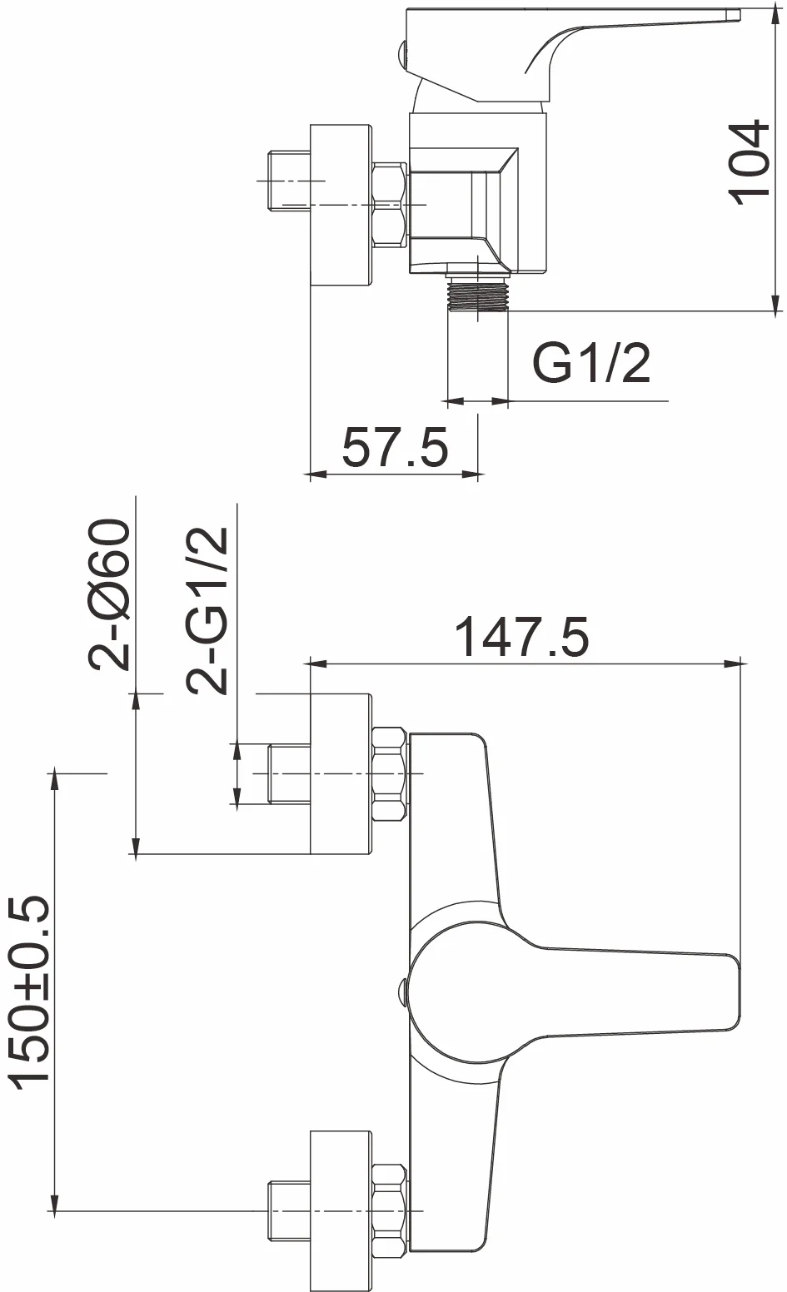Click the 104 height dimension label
[749, 162]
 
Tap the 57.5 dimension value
[395, 447]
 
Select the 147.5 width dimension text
[522, 637]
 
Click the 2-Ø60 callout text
[109, 594]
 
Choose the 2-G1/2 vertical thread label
[207, 610]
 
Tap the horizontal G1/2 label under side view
[591, 363]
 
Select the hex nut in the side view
[391, 206]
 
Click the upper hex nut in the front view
[391, 774]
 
